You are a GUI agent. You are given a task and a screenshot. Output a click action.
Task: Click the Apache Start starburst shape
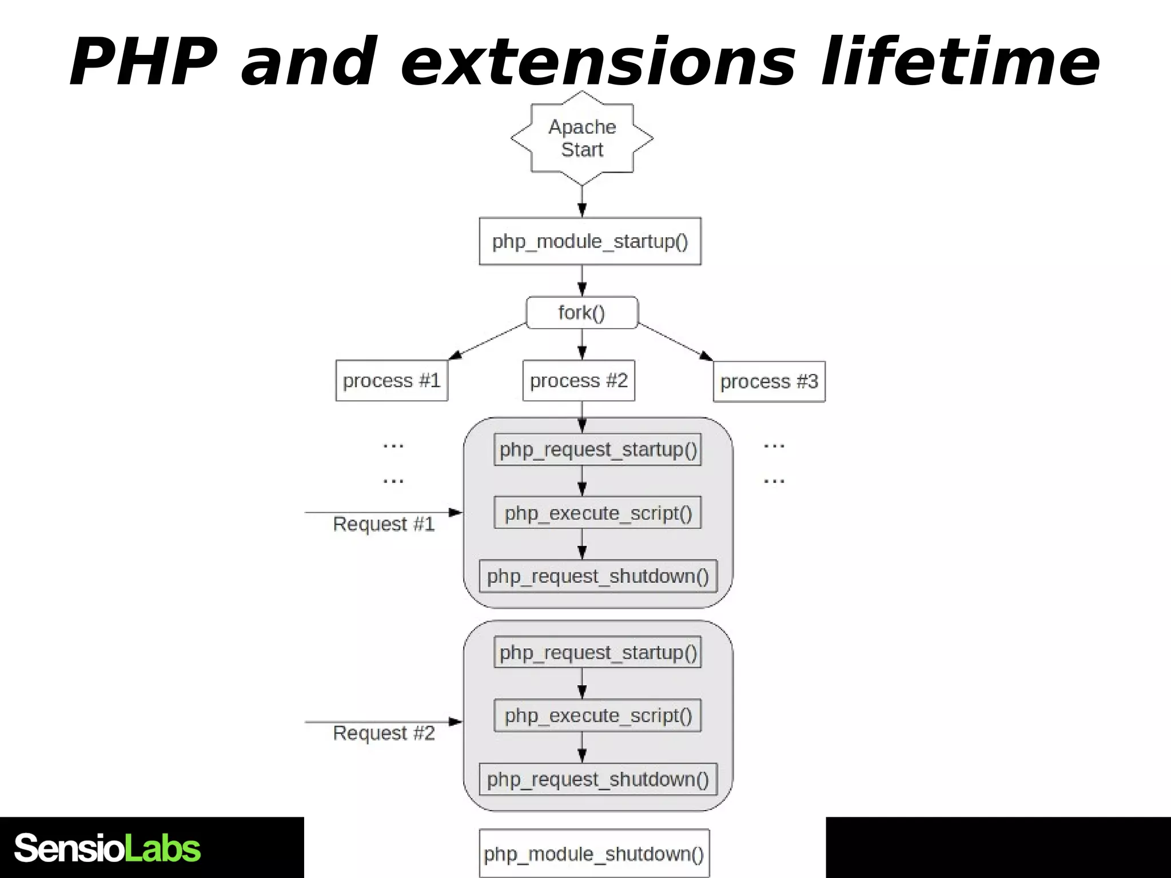point(582,138)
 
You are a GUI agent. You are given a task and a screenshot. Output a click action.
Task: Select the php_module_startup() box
point(590,241)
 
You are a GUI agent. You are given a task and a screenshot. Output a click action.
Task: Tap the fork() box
point(582,313)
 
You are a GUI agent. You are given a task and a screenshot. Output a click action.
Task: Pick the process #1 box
point(392,381)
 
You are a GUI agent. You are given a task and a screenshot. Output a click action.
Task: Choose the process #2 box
point(579,381)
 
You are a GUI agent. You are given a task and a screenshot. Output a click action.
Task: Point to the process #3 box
point(769,382)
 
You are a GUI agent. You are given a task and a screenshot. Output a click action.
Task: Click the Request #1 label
point(384,524)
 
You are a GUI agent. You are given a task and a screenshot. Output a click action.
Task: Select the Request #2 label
point(384,733)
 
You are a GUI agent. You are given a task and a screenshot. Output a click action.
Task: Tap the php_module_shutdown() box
point(594,853)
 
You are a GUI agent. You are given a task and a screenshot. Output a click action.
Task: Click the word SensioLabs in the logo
point(107,848)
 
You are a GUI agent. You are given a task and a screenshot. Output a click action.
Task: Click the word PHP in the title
point(143,62)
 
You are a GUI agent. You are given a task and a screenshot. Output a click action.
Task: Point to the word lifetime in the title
point(961,62)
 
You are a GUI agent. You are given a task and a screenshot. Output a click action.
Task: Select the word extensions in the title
point(598,62)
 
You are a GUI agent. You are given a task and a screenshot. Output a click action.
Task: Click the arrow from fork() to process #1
point(487,342)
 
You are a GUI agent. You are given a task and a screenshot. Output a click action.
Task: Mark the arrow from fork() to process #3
point(675,342)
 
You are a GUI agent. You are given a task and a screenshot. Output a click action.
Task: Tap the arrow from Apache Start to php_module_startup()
point(582,201)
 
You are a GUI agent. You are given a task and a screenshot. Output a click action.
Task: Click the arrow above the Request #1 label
point(383,513)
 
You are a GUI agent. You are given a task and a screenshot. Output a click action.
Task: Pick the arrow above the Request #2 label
point(383,722)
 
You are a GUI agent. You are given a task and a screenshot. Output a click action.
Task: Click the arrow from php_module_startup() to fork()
point(582,281)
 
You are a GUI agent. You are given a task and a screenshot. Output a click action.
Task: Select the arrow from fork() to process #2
point(582,344)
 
